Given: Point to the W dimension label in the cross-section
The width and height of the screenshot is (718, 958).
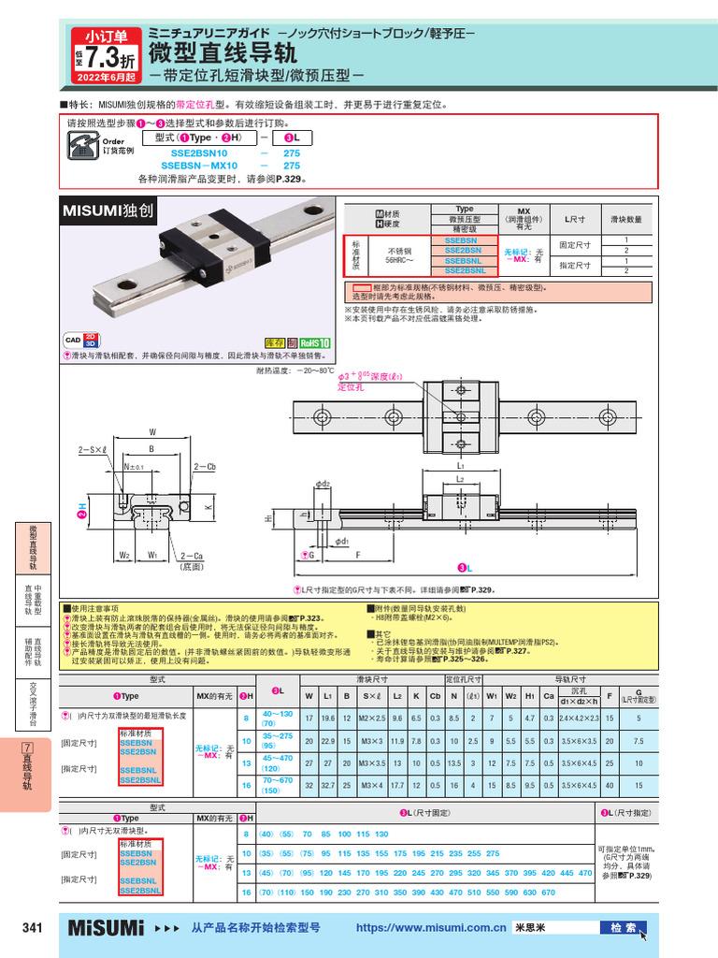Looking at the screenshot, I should pos(151,432).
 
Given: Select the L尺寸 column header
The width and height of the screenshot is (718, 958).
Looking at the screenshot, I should pos(574,219).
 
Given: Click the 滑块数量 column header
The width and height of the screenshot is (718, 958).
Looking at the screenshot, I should pos(625,219).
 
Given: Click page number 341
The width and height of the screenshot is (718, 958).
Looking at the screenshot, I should pos(32,928).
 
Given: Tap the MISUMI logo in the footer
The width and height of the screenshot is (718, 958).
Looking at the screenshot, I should pos(106,928).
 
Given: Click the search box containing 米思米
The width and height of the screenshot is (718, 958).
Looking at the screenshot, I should pos(554,928).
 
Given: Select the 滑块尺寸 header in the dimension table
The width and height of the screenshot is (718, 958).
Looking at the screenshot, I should pos(372,677).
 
